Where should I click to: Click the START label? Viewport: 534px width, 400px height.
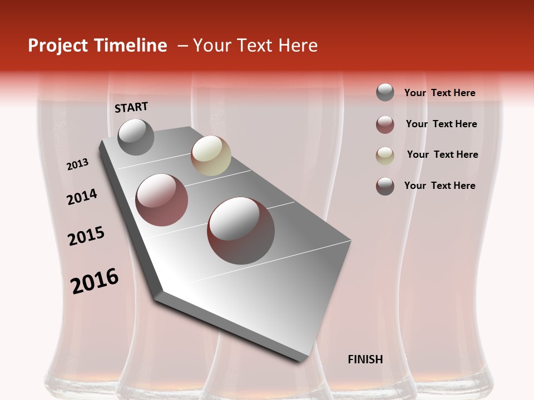(131, 107)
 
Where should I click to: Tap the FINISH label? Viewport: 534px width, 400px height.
(365, 359)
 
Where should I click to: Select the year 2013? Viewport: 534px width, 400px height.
(77, 164)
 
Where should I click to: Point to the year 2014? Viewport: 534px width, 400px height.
(82, 197)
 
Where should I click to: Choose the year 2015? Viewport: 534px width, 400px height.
(86, 236)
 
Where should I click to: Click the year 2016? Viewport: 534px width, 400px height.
(95, 281)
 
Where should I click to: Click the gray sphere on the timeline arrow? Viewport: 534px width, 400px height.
(136, 137)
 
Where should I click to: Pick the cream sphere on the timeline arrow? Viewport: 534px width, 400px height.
(211, 156)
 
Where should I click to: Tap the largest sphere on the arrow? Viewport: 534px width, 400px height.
(241, 231)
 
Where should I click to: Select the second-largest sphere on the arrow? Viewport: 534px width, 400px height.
(162, 200)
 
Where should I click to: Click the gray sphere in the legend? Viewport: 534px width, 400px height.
(385, 93)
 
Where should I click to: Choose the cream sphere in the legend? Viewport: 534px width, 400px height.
(385, 156)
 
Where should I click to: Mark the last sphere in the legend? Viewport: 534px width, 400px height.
(385, 186)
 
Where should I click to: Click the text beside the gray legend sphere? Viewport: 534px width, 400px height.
(439, 93)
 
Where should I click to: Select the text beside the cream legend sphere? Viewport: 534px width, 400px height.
(442, 154)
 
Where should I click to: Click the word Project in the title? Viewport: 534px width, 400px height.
(58, 46)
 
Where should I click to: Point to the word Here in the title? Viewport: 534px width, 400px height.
(298, 46)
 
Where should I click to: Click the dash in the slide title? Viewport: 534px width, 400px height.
(182, 46)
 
